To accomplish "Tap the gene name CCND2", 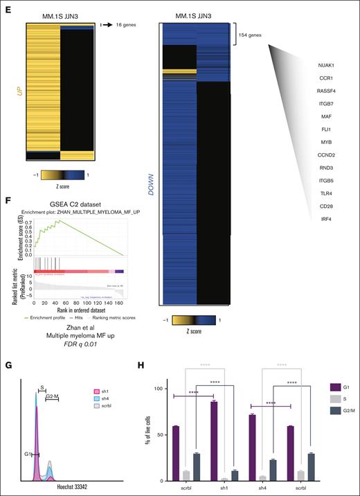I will click(x=325, y=155).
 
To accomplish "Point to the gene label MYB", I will click(x=325, y=143).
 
